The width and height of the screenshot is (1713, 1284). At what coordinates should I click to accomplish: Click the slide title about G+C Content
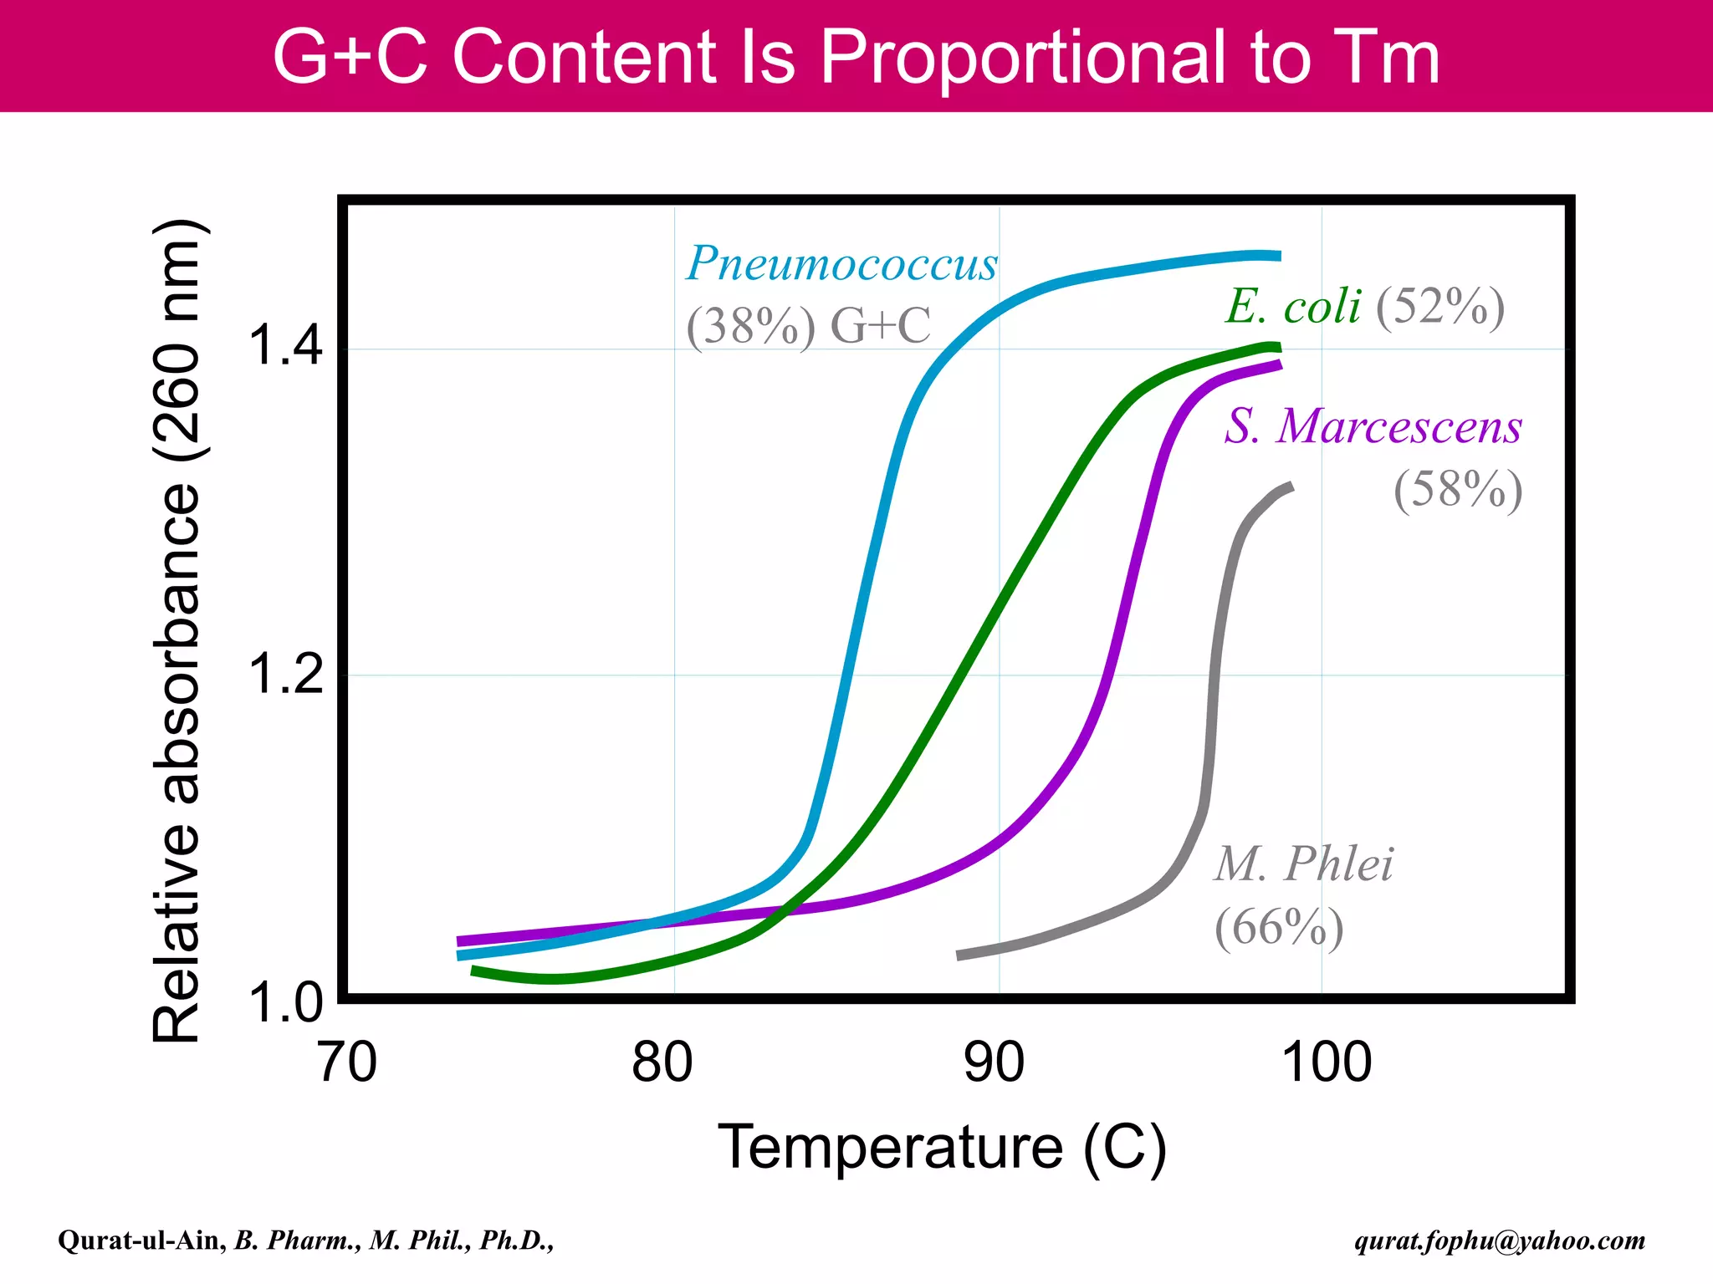click(856, 57)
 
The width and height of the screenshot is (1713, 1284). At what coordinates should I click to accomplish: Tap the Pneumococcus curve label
click(841, 264)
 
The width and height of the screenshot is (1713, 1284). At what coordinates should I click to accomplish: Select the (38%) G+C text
click(807, 326)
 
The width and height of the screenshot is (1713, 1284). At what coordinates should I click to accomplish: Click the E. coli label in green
click(1293, 306)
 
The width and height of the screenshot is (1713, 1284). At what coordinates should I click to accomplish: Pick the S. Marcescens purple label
click(1373, 426)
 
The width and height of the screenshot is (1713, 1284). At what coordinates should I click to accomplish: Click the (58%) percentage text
click(1457, 489)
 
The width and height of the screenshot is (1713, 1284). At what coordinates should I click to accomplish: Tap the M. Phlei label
click(1303, 864)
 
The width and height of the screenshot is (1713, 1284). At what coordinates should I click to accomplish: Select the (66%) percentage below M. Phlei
click(1279, 927)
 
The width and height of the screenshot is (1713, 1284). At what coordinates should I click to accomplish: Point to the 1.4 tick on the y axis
click(285, 344)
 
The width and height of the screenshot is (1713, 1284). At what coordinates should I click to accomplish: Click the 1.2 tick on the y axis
click(285, 673)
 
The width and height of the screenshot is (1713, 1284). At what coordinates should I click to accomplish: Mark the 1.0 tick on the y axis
click(285, 1002)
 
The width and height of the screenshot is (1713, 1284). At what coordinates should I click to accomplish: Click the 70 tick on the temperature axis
click(347, 1062)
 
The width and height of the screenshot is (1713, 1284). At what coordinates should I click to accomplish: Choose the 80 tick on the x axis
click(662, 1062)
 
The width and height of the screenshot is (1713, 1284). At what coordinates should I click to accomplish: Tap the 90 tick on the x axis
click(994, 1062)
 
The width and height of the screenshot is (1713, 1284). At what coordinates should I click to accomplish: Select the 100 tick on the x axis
click(1327, 1062)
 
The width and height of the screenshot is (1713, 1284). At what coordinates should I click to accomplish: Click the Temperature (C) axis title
click(942, 1148)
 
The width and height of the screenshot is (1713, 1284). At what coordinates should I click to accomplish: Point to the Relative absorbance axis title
click(177, 631)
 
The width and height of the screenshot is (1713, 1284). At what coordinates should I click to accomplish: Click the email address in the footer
click(1500, 1241)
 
